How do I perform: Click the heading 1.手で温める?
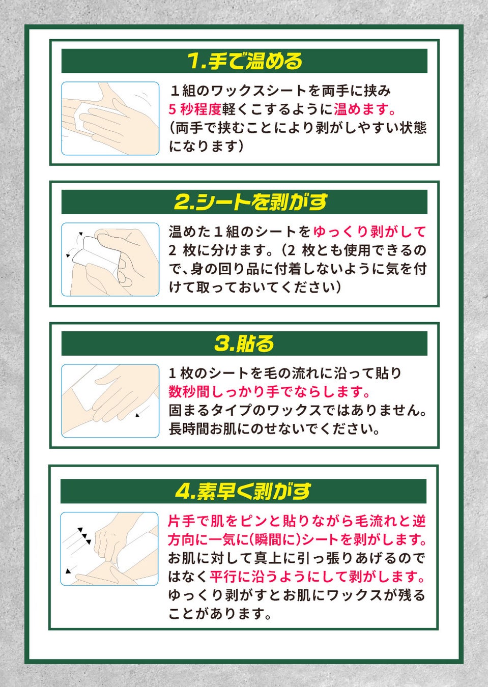tap(245, 61)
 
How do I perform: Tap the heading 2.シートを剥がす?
tap(250, 202)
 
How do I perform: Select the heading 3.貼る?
tap(244, 343)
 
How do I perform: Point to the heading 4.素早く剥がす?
tap(243, 491)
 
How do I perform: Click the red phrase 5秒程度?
tap(195, 110)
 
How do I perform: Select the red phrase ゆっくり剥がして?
tap(369, 232)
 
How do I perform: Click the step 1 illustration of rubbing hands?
tap(110, 119)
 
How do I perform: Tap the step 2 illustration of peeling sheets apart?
tap(110, 260)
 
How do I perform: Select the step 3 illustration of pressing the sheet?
tap(110, 401)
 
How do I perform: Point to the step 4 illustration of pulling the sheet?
tap(109, 549)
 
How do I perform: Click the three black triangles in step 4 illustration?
tap(84, 536)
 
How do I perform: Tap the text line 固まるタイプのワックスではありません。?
tap(298, 411)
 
